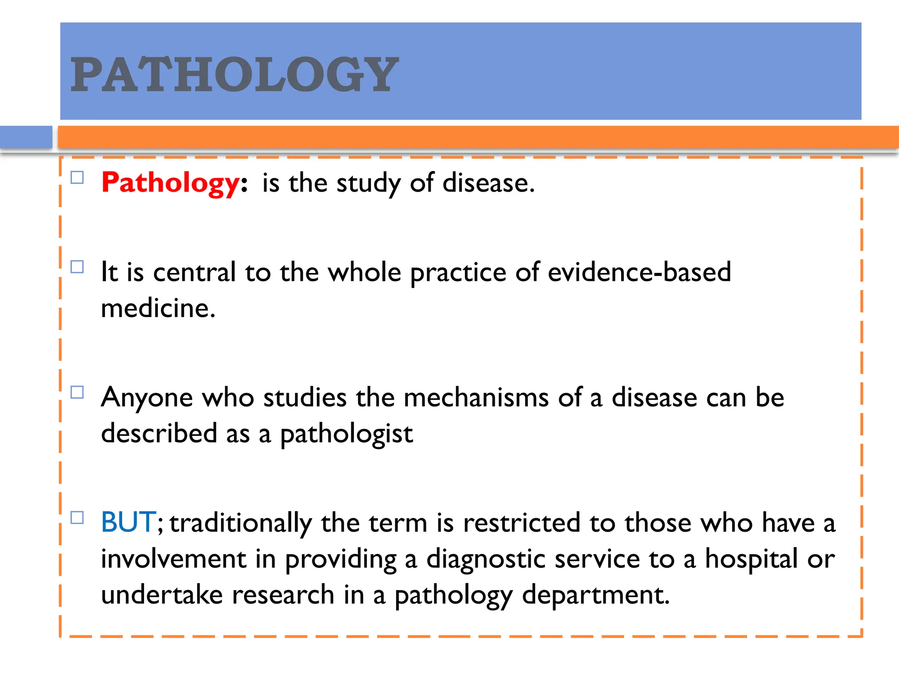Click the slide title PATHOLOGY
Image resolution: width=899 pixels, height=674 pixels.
coord(234,75)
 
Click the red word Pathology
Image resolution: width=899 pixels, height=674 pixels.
coord(170,183)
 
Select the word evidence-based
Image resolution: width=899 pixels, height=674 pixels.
coord(639,272)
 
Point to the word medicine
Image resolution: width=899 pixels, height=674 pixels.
coord(158,308)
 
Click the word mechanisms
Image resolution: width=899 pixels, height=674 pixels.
coord(476,398)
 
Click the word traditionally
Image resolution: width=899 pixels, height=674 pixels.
coord(241,523)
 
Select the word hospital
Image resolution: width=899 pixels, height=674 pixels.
coord(751,559)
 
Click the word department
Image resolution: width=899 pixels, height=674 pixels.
coord(596,595)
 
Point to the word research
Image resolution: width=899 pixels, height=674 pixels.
coord(283,595)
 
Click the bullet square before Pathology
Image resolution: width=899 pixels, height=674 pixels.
coord(77,178)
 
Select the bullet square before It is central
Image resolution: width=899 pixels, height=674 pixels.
coord(77,267)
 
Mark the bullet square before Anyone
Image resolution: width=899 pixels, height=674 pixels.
coord(77,392)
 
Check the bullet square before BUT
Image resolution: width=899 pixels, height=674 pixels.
coord(77,518)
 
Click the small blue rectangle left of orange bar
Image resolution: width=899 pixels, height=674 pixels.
coord(26,137)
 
